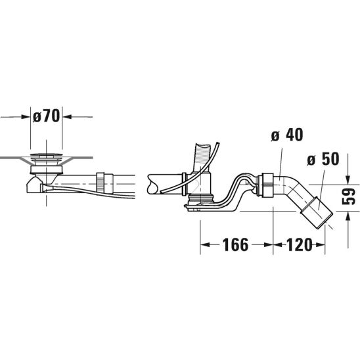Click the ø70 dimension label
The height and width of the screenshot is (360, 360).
pyautogui.click(x=46, y=116)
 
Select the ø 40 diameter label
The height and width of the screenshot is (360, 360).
pyautogui.click(x=287, y=135)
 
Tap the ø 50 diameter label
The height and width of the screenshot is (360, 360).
pyautogui.click(x=323, y=158)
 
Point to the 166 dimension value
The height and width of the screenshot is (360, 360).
pyautogui.click(x=236, y=245)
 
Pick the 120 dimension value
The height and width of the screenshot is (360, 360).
pyautogui.click(x=299, y=245)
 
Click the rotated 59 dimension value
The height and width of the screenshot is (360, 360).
pyautogui.click(x=349, y=196)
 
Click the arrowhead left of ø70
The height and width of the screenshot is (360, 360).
pyautogui.click(x=26, y=117)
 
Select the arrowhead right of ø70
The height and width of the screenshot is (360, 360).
pyautogui.click(x=67, y=117)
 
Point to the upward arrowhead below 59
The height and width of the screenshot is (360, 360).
pyautogui.click(x=348, y=217)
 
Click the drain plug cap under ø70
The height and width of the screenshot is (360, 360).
pyautogui.click(x=47, y=154)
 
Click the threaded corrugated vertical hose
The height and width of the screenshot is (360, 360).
pyautogui.click(x=202, y=158)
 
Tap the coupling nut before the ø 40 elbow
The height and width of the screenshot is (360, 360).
pyautogui.click(x=265, y=185)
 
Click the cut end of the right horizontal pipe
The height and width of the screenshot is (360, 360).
pyautogui.click(x=152, y=184)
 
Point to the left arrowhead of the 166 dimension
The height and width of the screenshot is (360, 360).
pyautogui.click(x=205, y=245)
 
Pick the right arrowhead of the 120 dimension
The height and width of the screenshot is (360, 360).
pyautogui.click(x=320, y=245)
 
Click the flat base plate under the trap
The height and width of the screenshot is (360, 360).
pyautogui.click(x=212, y=208)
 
